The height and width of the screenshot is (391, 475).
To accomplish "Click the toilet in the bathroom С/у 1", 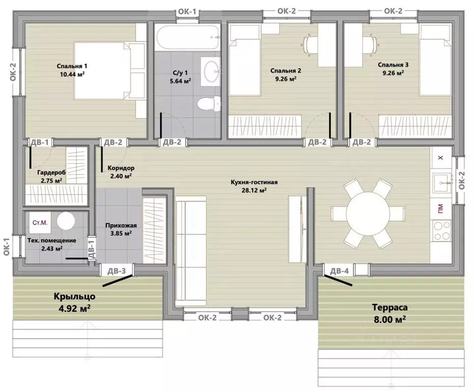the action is click(210, 103).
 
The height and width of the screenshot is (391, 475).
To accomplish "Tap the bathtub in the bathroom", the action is click(188, 38).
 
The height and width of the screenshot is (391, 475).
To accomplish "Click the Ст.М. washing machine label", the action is click(40, 222).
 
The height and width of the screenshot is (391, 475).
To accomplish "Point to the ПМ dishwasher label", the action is click(440, 209).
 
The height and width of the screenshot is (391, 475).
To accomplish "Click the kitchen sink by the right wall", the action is click(442, 183).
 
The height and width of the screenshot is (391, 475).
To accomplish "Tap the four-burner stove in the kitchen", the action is click(442, 231).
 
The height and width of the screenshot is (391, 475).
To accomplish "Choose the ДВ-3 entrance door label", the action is click(116, 271).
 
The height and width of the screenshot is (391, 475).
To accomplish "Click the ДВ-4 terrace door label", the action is click(339, 271).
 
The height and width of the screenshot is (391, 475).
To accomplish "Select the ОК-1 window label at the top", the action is click(187, 12).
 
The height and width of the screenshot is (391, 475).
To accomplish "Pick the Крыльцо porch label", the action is click(75, 296).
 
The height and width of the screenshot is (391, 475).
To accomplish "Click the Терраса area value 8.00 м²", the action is click(390, 319).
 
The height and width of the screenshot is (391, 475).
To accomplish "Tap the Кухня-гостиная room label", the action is click(254, 182).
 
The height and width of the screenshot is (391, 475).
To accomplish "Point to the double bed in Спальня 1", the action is click(109, 71).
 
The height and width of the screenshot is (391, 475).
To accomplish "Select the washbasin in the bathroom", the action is click(211, 71).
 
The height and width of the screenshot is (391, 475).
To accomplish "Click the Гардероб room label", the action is click(51, 173).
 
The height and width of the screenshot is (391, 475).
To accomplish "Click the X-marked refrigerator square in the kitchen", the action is click(441, 158).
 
